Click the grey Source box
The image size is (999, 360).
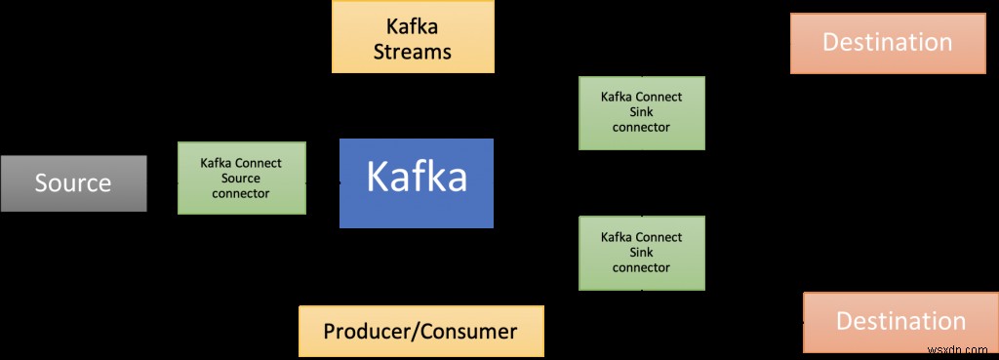(73, 183)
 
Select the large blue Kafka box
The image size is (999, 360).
(417, 182)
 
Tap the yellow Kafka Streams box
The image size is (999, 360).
(413, 36)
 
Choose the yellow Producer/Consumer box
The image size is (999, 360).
(420, 331)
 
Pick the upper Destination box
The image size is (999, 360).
(887, 43)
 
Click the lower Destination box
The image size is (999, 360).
(899, 322)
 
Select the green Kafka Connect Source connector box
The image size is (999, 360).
(241, 179)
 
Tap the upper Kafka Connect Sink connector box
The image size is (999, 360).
(641, 112)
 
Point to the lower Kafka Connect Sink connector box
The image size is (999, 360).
(641, 253)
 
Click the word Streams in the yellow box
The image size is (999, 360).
(413, 51)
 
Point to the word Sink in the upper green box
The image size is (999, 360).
(641, 112)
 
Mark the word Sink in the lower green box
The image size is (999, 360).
(641, 253)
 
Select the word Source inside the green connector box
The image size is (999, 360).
(241, 179)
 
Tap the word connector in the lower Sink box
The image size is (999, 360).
(641, 267)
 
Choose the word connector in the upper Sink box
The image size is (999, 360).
(641, 127)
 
